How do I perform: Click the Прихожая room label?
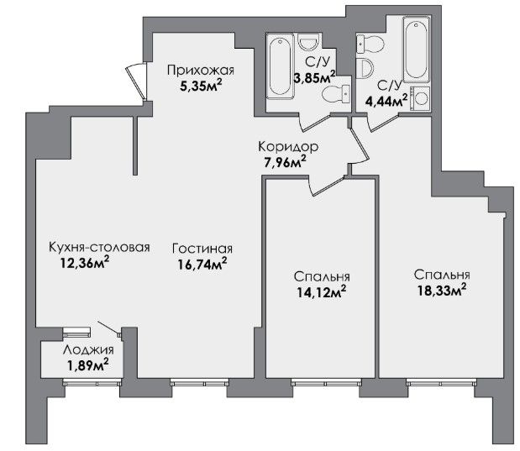(x=200, y=71)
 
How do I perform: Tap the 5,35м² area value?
(x=201, y=86)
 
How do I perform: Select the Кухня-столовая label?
(x=99, y=248)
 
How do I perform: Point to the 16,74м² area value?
(x=202, y=265)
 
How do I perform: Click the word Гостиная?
(x=202, y=249)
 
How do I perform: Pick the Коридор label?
(x=288, y=146)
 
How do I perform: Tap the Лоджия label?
(x=88, y=349)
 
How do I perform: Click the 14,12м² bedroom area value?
(x=322, y=291)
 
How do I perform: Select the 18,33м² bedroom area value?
(x=441, y=291)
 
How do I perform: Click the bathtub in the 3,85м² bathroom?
(x=281, y=66)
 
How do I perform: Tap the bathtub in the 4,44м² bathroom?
(x=416, y=49)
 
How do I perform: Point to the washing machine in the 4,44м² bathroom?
(x=420, y=98)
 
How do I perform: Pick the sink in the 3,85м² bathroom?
(x=308, y=42)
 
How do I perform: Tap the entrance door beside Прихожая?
(x=137, y=81)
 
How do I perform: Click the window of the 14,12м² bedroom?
(x=326, y=383)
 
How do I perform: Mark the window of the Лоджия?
(x=92, y=383)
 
